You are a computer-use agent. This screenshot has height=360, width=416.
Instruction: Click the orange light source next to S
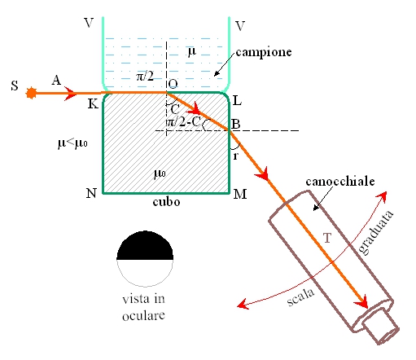pos(31,93)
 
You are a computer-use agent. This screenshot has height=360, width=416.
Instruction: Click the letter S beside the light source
pos(15,86)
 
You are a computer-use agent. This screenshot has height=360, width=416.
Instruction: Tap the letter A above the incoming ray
pos(56,80)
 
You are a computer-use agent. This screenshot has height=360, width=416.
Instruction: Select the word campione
pos(264,52)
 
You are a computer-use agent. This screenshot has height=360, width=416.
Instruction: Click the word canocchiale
pos(340,182)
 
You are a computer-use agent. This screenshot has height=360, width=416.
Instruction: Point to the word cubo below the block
pos(166,201)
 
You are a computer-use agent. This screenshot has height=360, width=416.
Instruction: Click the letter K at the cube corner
pos(93,103)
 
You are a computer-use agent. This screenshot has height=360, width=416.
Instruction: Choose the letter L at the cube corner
pos(237,101)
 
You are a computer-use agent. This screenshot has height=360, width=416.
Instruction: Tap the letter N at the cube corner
pos(91,193)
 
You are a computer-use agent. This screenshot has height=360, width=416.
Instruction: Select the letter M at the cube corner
pos(240,194)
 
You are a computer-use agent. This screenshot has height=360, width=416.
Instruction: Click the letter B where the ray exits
pos(235,124)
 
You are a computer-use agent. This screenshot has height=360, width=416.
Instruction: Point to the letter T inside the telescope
pos(327,238)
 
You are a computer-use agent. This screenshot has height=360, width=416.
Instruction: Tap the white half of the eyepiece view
pos(145,272)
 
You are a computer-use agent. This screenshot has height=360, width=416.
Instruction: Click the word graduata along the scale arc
pos(376,233)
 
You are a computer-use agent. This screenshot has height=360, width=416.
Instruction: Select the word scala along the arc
pos(300,296)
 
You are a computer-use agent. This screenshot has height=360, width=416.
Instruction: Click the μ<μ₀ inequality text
pos(72,143)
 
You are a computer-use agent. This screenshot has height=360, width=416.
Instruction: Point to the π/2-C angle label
pos(183,122)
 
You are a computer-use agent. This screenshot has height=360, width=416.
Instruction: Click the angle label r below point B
pos(235,156)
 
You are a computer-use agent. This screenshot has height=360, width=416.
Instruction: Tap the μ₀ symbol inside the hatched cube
pos(160,173)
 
